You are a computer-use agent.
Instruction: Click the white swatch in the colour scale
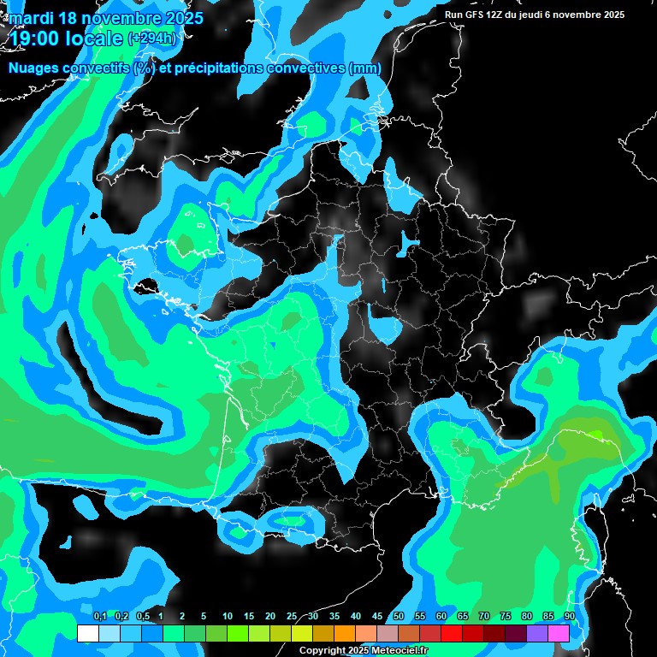click(x=87, y=633)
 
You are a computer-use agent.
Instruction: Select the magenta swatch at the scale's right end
click(x=559, y=633)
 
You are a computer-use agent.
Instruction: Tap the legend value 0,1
click(x=100, y=616)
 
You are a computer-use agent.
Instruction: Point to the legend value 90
click(x=569, y=616)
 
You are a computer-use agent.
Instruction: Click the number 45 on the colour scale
click(x=377, y=616)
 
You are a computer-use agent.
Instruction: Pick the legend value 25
click(x=292, y=616)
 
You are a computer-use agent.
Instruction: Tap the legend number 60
click(x=441, y=616)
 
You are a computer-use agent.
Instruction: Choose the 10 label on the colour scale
click(x=228, y=616)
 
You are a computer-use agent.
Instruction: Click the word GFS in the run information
click(x=476, y=15)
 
